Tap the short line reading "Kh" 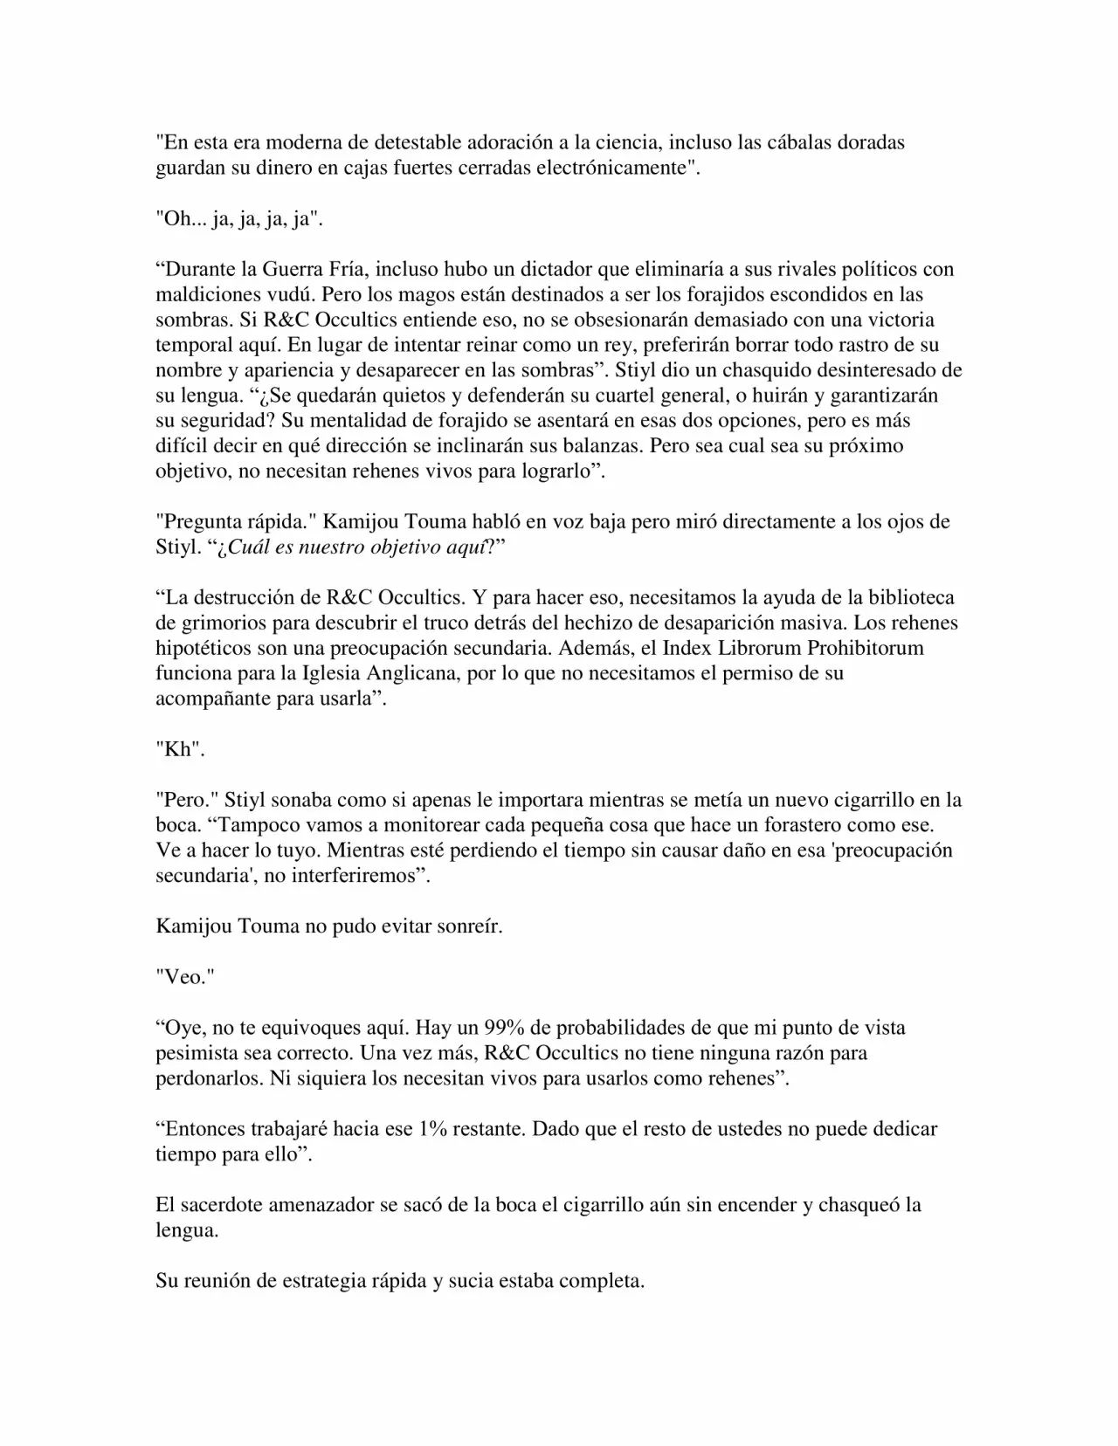click(179, 750)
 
